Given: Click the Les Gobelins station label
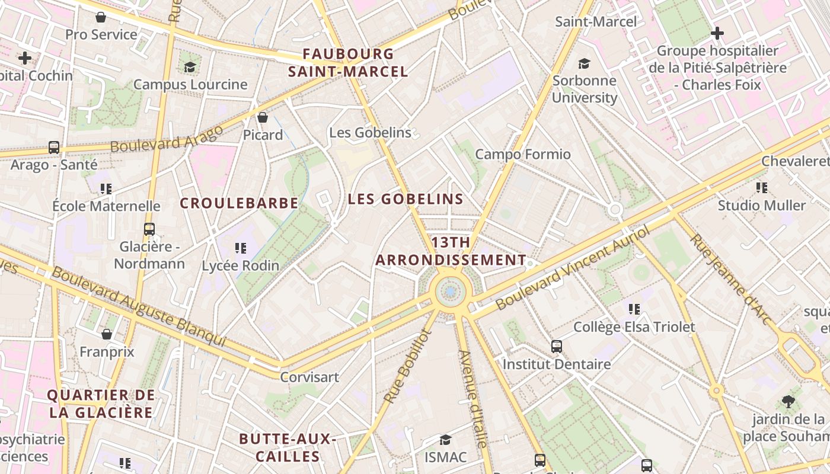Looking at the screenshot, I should (370, 132).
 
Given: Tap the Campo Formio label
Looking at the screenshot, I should (523, 155).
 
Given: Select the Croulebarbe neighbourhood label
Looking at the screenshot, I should (239, 203).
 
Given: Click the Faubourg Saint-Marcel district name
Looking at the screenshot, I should (348, 63).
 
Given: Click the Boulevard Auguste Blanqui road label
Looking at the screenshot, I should (139, 307).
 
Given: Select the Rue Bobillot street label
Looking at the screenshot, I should (406, 367).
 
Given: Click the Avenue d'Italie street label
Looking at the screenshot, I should (473, 399).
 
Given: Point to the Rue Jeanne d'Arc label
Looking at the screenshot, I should (731, 279).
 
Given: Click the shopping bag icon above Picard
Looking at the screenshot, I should (263, 117).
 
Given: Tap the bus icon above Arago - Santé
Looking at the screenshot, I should (54, 147).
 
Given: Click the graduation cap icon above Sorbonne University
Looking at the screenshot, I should (585, 63).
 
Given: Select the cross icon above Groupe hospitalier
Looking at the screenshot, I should (717, 33).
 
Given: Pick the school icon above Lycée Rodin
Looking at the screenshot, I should (240, 248).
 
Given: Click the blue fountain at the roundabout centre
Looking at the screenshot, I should (451, 292).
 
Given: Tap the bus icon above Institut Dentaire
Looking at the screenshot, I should (556, 347).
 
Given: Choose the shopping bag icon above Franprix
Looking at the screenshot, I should (107, 334).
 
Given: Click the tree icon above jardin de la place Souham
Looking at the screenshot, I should (788, 402).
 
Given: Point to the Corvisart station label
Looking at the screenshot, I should (309, 377).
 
